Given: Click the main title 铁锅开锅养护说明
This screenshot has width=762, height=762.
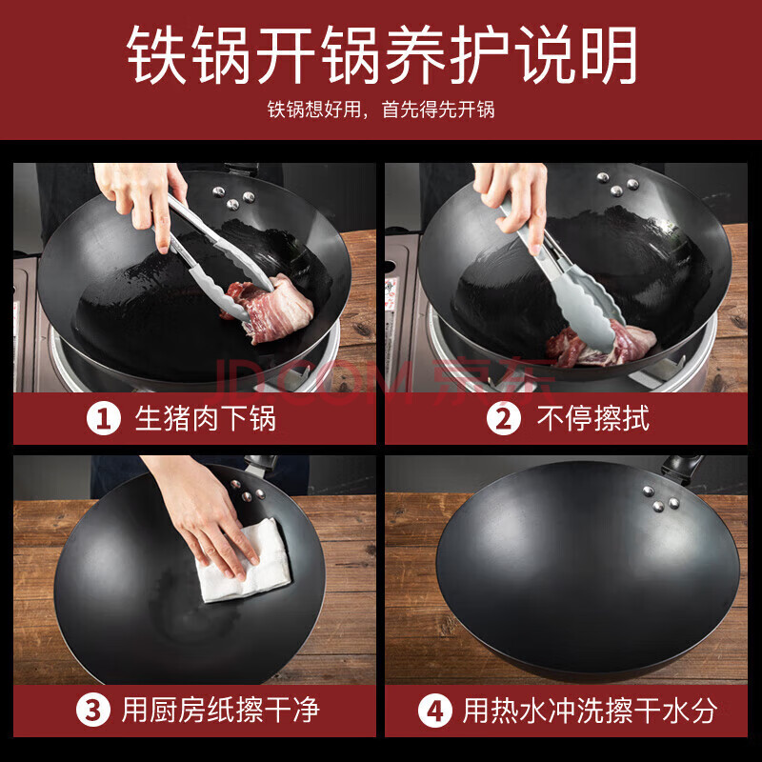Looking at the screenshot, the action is [x=382, y=54].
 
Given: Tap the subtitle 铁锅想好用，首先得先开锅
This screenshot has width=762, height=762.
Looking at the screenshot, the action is [x=381, y=110].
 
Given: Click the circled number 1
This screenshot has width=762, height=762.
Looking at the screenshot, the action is [x=104, y=418].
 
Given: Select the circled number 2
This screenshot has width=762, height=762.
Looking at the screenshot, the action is [x=504, y=418].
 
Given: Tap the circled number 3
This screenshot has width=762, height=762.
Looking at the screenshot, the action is [x=92, y=710].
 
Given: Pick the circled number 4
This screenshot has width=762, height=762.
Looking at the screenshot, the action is [x=435, y=710].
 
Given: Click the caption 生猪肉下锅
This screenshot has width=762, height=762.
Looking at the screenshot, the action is [x=206, y=418].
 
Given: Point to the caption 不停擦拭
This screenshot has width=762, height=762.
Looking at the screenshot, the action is [x=593, y=418].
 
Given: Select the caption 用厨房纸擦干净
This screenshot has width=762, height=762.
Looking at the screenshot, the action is [x=221, y=710].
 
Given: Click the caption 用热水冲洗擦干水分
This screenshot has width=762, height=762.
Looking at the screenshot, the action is [x=590, y=710].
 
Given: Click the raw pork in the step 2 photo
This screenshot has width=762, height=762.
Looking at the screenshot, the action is [x=600, y=344].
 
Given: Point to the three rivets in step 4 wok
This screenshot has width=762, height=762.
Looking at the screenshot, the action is [x=660, y=498].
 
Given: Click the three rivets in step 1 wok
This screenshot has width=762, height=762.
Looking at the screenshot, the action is [x=233, y=197].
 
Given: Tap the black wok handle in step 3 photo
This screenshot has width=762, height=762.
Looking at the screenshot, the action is [x=259, y=466].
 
